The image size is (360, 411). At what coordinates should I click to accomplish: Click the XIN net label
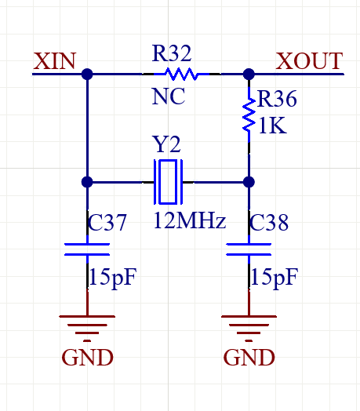(x=55, y=61)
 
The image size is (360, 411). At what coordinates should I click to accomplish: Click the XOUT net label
(x=309, y=61)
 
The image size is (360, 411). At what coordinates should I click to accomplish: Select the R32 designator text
(x=172, y=53)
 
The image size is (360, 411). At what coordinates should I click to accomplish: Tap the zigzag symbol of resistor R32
(x=181, y=74)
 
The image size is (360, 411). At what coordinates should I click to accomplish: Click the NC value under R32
(x=169, y=96)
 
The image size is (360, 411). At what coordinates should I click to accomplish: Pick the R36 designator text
(x=277, y=99)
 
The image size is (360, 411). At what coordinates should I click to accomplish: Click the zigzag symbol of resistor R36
(x=249, y=115)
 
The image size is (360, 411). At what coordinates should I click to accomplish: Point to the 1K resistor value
(x=272, y=125)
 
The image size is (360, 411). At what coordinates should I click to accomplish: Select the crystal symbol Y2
(x=168, y=182)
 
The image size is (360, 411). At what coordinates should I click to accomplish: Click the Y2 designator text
(x=167, y=144)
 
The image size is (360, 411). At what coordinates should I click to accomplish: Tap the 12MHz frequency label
(x=190, y=220)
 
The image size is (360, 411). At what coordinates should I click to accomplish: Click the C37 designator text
(x=107, y=222)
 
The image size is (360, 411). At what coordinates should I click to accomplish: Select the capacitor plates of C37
(x=87, y=249)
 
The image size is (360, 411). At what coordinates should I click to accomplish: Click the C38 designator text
(x=269, y=222)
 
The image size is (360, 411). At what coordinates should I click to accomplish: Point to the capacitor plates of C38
(x=249, y=249)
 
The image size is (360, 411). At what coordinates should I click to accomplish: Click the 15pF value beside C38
(x=275, y=278)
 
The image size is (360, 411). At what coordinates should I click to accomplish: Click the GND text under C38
(x=249, y=358)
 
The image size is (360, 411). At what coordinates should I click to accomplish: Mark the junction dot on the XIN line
(x=87, y=75)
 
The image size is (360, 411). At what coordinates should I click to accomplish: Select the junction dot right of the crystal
(x=249, y=182)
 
